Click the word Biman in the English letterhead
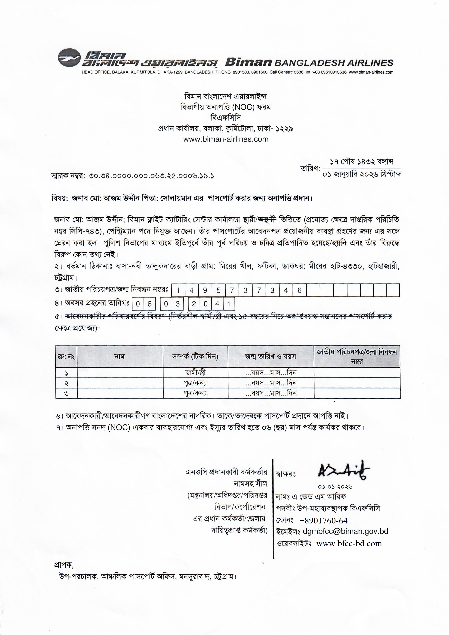(248, 62)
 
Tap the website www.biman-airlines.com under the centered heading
(226, 139)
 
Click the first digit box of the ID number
(178, 290)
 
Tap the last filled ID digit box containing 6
(299, 290)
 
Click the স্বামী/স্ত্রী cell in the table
(195, 373)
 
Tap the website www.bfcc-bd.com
(349, 543)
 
